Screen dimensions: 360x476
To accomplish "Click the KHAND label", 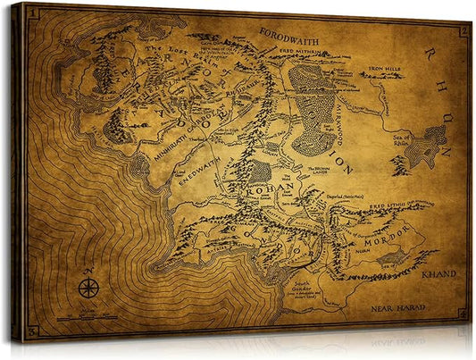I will pos(441,273).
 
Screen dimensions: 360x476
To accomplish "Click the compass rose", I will pos(88,289).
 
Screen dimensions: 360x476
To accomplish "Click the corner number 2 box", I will pos(463,30).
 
